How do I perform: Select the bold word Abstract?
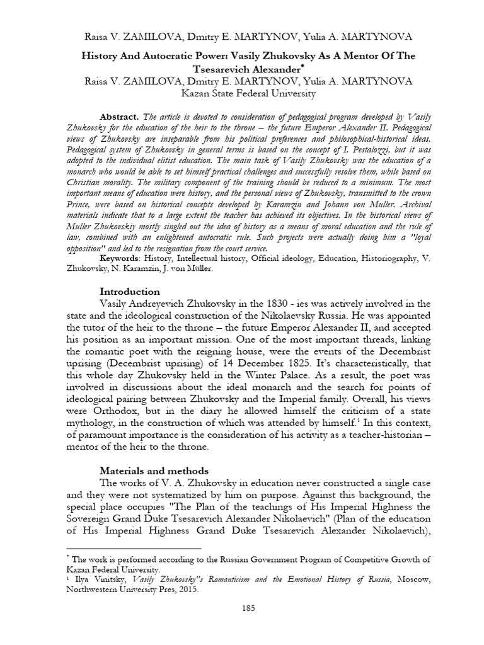[x=120, y=117]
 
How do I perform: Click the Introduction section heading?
[x=130, y=292]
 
